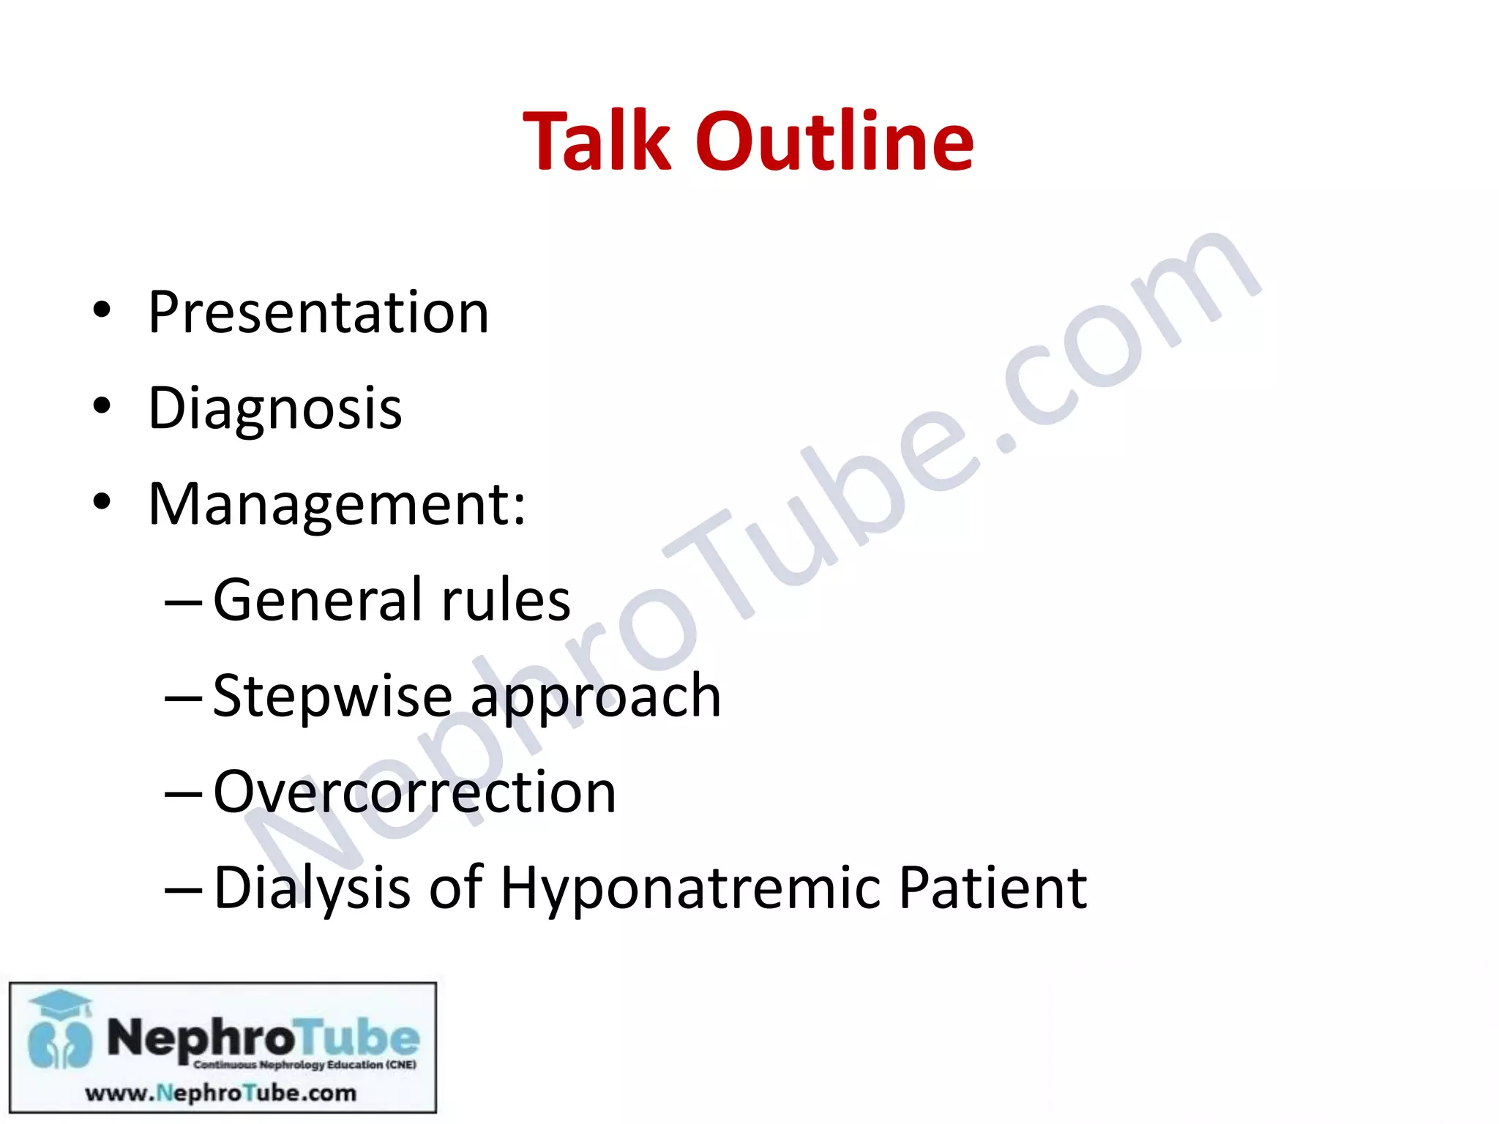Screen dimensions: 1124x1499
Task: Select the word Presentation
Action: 318,312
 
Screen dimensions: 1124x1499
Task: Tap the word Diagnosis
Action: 275,408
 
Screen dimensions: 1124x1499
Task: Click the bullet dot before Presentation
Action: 102,310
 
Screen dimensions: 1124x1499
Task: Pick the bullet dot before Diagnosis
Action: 102,406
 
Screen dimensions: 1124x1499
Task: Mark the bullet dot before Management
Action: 102,502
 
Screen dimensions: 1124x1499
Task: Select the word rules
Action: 505,600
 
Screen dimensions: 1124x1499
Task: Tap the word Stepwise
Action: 332,696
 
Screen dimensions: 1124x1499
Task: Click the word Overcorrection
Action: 414,792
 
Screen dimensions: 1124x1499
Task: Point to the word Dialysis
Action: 312,888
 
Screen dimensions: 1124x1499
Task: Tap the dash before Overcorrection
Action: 183,793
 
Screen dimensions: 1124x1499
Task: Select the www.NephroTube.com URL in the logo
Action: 221,1093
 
